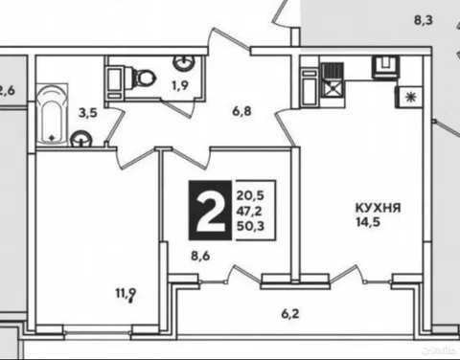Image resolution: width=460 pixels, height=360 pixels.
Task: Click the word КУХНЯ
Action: [378, 208]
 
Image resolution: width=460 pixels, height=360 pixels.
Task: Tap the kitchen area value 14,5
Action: [368, 221]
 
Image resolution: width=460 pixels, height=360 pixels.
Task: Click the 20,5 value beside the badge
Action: [250, 195]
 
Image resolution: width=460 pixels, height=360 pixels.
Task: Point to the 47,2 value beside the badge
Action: [249, 211]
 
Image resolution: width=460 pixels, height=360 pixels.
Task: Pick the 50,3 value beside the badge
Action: [250, 226]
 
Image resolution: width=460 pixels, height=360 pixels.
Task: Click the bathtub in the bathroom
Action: [52, 115]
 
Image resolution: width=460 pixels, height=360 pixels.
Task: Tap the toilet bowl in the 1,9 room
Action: [143, 77]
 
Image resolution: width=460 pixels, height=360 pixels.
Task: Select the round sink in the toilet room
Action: [184, 62]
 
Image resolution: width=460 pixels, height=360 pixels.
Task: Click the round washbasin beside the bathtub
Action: [81, 139]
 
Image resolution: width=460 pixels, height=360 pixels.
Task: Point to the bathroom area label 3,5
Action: [88, 113]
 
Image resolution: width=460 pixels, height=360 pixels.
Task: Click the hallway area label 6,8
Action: [241, 111]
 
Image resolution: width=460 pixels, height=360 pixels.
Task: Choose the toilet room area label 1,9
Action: [180, 85]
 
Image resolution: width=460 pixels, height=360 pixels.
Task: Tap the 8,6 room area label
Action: [200, 256]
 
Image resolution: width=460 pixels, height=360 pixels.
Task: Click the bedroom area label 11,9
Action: [126, 293]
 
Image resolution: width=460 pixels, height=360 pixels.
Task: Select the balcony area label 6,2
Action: [290, 314]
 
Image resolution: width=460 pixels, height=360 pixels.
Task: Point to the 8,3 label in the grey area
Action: [424, 20]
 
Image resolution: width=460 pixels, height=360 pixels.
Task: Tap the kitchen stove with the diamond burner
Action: [333, 80]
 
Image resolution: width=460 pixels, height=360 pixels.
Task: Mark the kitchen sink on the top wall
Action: [386, 66]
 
